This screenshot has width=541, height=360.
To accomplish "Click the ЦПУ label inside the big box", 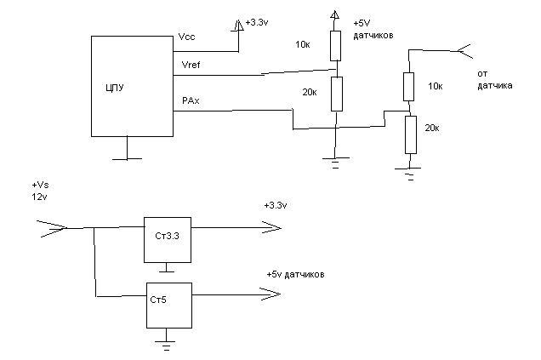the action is coord(115,88).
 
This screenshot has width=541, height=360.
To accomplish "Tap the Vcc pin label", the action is coord(186,37).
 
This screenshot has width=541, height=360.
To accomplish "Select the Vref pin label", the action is coord(191,65).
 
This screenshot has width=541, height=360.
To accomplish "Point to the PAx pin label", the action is coord(191,100).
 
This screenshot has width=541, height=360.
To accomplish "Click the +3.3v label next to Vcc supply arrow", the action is coord(257,23).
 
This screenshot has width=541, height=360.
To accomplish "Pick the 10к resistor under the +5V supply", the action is coord(335,46).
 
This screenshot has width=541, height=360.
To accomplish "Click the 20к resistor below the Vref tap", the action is coord(337,94).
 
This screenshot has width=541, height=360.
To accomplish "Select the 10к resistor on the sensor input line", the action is coord(408,87).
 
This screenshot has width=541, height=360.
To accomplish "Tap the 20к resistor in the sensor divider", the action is coord(411,134).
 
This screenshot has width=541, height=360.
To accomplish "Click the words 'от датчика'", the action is coord(495,80).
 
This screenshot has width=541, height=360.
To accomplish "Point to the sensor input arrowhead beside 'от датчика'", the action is coord(465,51).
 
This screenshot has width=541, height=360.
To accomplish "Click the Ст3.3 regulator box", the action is coord(168,240).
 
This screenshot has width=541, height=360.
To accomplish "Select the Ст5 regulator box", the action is coord(169,306).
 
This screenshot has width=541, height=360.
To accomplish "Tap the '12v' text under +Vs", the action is coord(39,197).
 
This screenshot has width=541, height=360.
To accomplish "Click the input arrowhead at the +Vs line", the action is coord(52,228).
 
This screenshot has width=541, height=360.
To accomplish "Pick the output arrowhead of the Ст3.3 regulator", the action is coord(271,227).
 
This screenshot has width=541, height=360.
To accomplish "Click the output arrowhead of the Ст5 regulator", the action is coord(270,294).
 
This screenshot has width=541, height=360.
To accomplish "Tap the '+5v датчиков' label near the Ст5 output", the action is coord(295,275).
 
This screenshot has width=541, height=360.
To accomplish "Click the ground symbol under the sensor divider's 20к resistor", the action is coord(408,174).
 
